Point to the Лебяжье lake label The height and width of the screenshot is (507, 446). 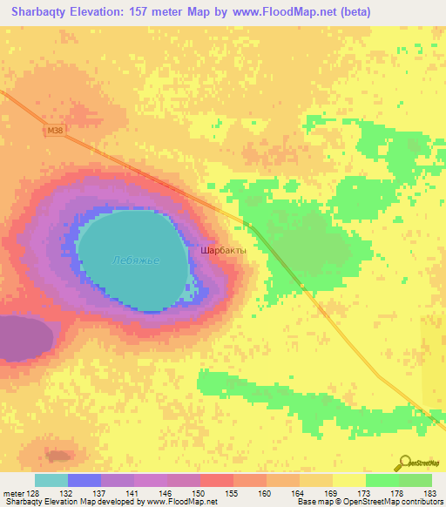click(136, 260)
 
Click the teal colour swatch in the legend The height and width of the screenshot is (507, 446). click(51, 480)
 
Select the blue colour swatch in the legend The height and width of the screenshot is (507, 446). click(84, 480)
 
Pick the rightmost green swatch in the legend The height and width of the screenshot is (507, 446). click(415, 480)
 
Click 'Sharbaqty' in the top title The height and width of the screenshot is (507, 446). click(41, 11)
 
